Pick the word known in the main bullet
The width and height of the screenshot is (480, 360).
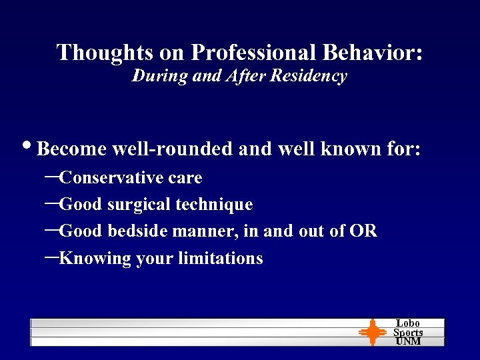click(x=350, y=149)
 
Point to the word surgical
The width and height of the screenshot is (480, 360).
click(x=138, y=205)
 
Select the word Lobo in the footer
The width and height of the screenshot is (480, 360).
click(x=408, y=323)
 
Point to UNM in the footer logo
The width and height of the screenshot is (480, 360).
click(x=408, y=341)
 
